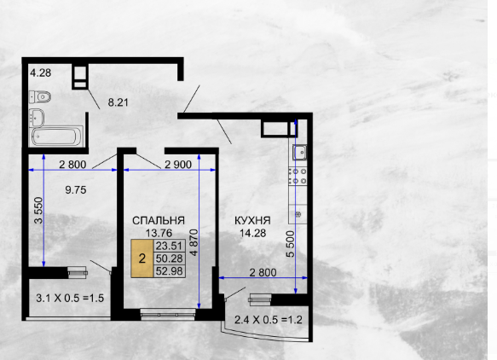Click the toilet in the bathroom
[40, 96]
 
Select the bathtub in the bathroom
[56, 136]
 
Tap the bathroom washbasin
[37, 118]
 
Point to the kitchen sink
[299, 153]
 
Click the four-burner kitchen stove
[298, 177]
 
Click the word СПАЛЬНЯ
[159, 221]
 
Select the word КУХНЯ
[252, 221]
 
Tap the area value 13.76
[159, 234]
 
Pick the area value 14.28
[252, 234]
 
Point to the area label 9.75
[76, 190]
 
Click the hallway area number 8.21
[118, 102]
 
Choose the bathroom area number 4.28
[41, 73]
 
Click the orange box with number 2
[142, 258]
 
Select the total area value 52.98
[170, 271]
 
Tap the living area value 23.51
[170, 246]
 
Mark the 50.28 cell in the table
[170, 258]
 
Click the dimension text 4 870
[194, 242]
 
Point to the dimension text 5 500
[290, 244]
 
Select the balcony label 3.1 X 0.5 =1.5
[70, 298]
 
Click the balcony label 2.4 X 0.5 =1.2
[269, 320]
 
